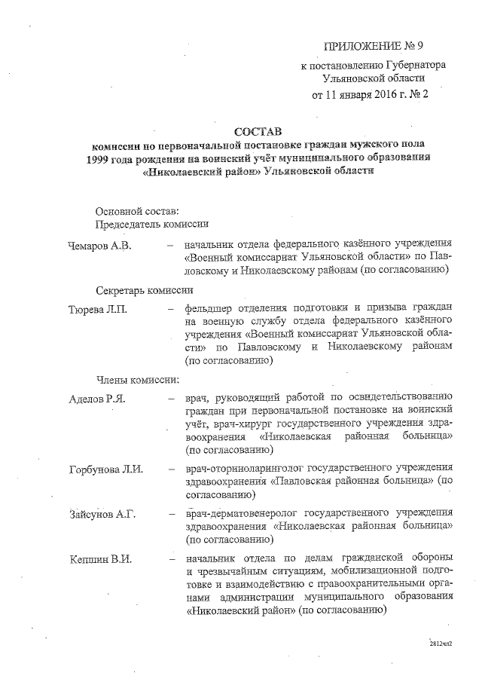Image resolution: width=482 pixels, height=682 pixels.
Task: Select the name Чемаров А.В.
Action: click(99, 244)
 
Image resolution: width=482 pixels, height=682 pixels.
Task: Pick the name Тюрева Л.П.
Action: click(98, 308)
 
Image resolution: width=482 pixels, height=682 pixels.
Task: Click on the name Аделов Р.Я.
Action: click(96, 397)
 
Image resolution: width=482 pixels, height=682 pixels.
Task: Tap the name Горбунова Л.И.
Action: click(105, 469)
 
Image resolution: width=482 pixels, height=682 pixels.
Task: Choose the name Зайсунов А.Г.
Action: click(101, 514)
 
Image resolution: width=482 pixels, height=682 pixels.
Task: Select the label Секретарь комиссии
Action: click(145, 289)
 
